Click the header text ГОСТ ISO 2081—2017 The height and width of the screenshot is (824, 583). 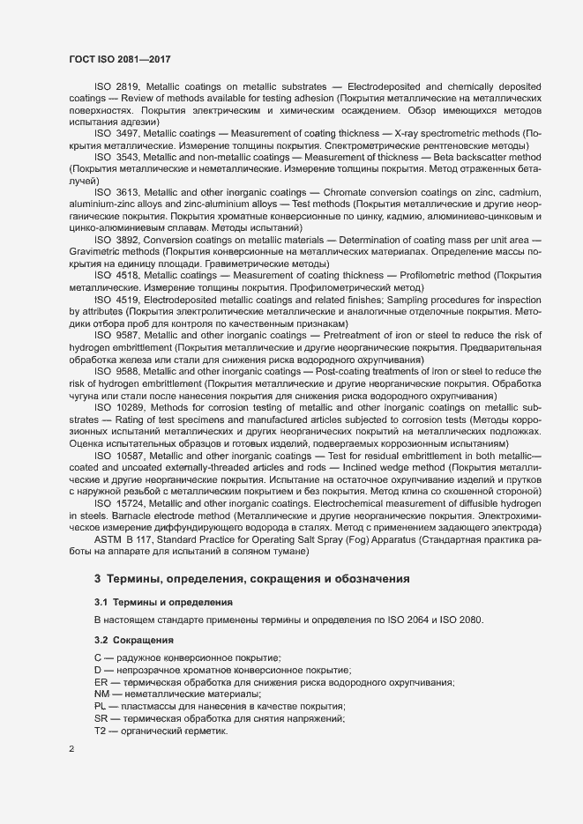tap(119, 59)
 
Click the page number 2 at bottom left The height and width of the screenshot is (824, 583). tap(71, 749)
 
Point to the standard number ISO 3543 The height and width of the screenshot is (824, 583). tap(116, 156)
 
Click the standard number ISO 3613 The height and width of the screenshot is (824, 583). tap(116, 191)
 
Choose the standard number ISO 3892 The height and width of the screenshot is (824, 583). tap(116, 240)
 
